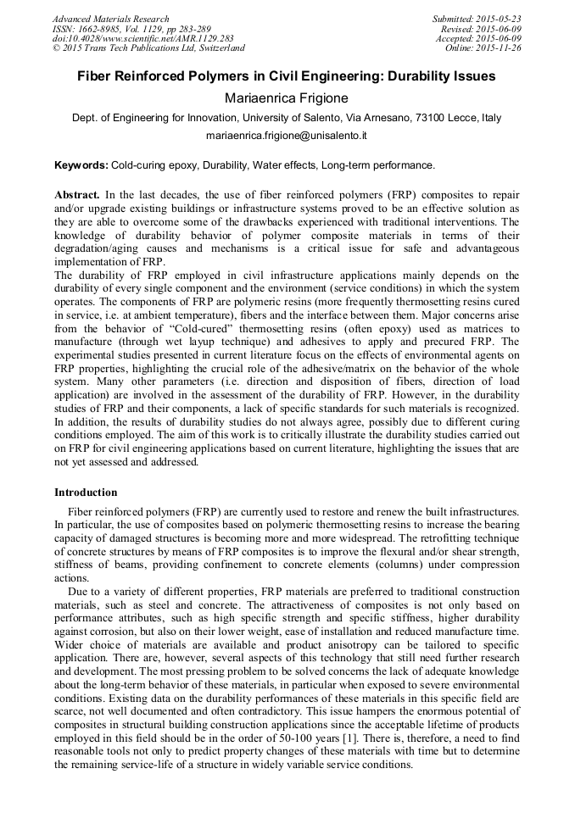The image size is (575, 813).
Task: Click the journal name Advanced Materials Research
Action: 110,19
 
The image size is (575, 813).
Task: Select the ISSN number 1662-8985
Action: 104,29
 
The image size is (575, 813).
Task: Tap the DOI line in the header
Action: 142,39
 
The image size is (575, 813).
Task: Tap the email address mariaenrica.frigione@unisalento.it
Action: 287,136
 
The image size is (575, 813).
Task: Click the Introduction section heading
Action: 87,493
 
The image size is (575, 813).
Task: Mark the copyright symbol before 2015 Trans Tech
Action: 56,49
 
